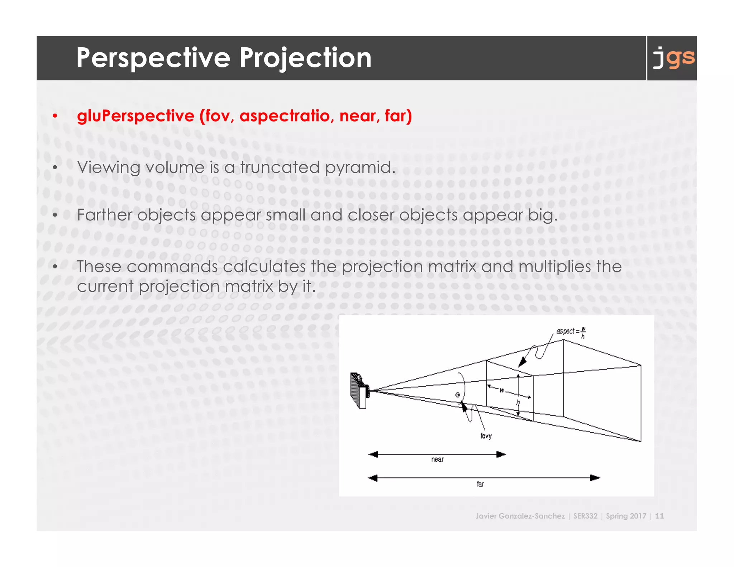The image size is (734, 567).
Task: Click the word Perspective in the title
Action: pos(153,58)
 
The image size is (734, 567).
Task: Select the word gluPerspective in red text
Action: pos(135,116)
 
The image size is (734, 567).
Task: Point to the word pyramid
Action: pos(359,167)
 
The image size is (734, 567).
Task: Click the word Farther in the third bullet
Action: pos(104,215)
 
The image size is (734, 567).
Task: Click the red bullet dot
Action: pos(55,116)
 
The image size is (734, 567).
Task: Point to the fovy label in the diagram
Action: pos(486,436)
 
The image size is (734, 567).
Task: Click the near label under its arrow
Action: pos(437,459)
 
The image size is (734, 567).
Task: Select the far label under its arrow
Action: pos(480,484)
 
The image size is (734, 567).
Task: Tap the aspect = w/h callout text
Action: pos(571,332)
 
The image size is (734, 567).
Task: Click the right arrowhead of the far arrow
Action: pos(595,478)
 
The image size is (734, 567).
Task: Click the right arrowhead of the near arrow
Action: pos(501,454)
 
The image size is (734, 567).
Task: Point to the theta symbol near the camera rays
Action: pos(458,395)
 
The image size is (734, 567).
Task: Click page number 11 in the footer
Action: pos(659,516)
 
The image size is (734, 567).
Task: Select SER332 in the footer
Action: pos(585,516)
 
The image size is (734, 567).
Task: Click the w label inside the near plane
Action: pos(502,390)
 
